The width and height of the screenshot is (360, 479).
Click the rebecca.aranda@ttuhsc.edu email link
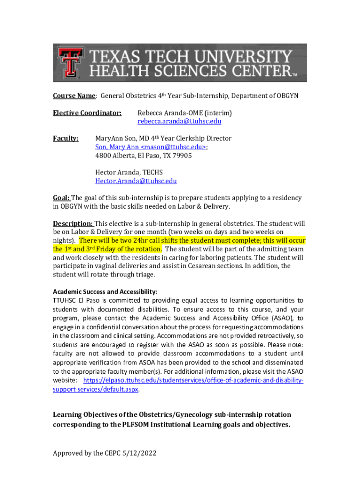click(x=179, y=122)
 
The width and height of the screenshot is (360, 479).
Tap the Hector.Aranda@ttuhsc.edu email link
click(x=136, y=181)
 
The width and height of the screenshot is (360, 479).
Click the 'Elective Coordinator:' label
click(x=87, y=113)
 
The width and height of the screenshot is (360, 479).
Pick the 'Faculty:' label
click(x=65, y=138)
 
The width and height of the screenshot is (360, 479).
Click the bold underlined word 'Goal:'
click(x=61, y=198)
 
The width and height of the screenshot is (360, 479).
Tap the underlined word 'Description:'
click(x=73, y=223)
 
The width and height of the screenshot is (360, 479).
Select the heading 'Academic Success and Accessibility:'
click(x=105, y=291)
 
